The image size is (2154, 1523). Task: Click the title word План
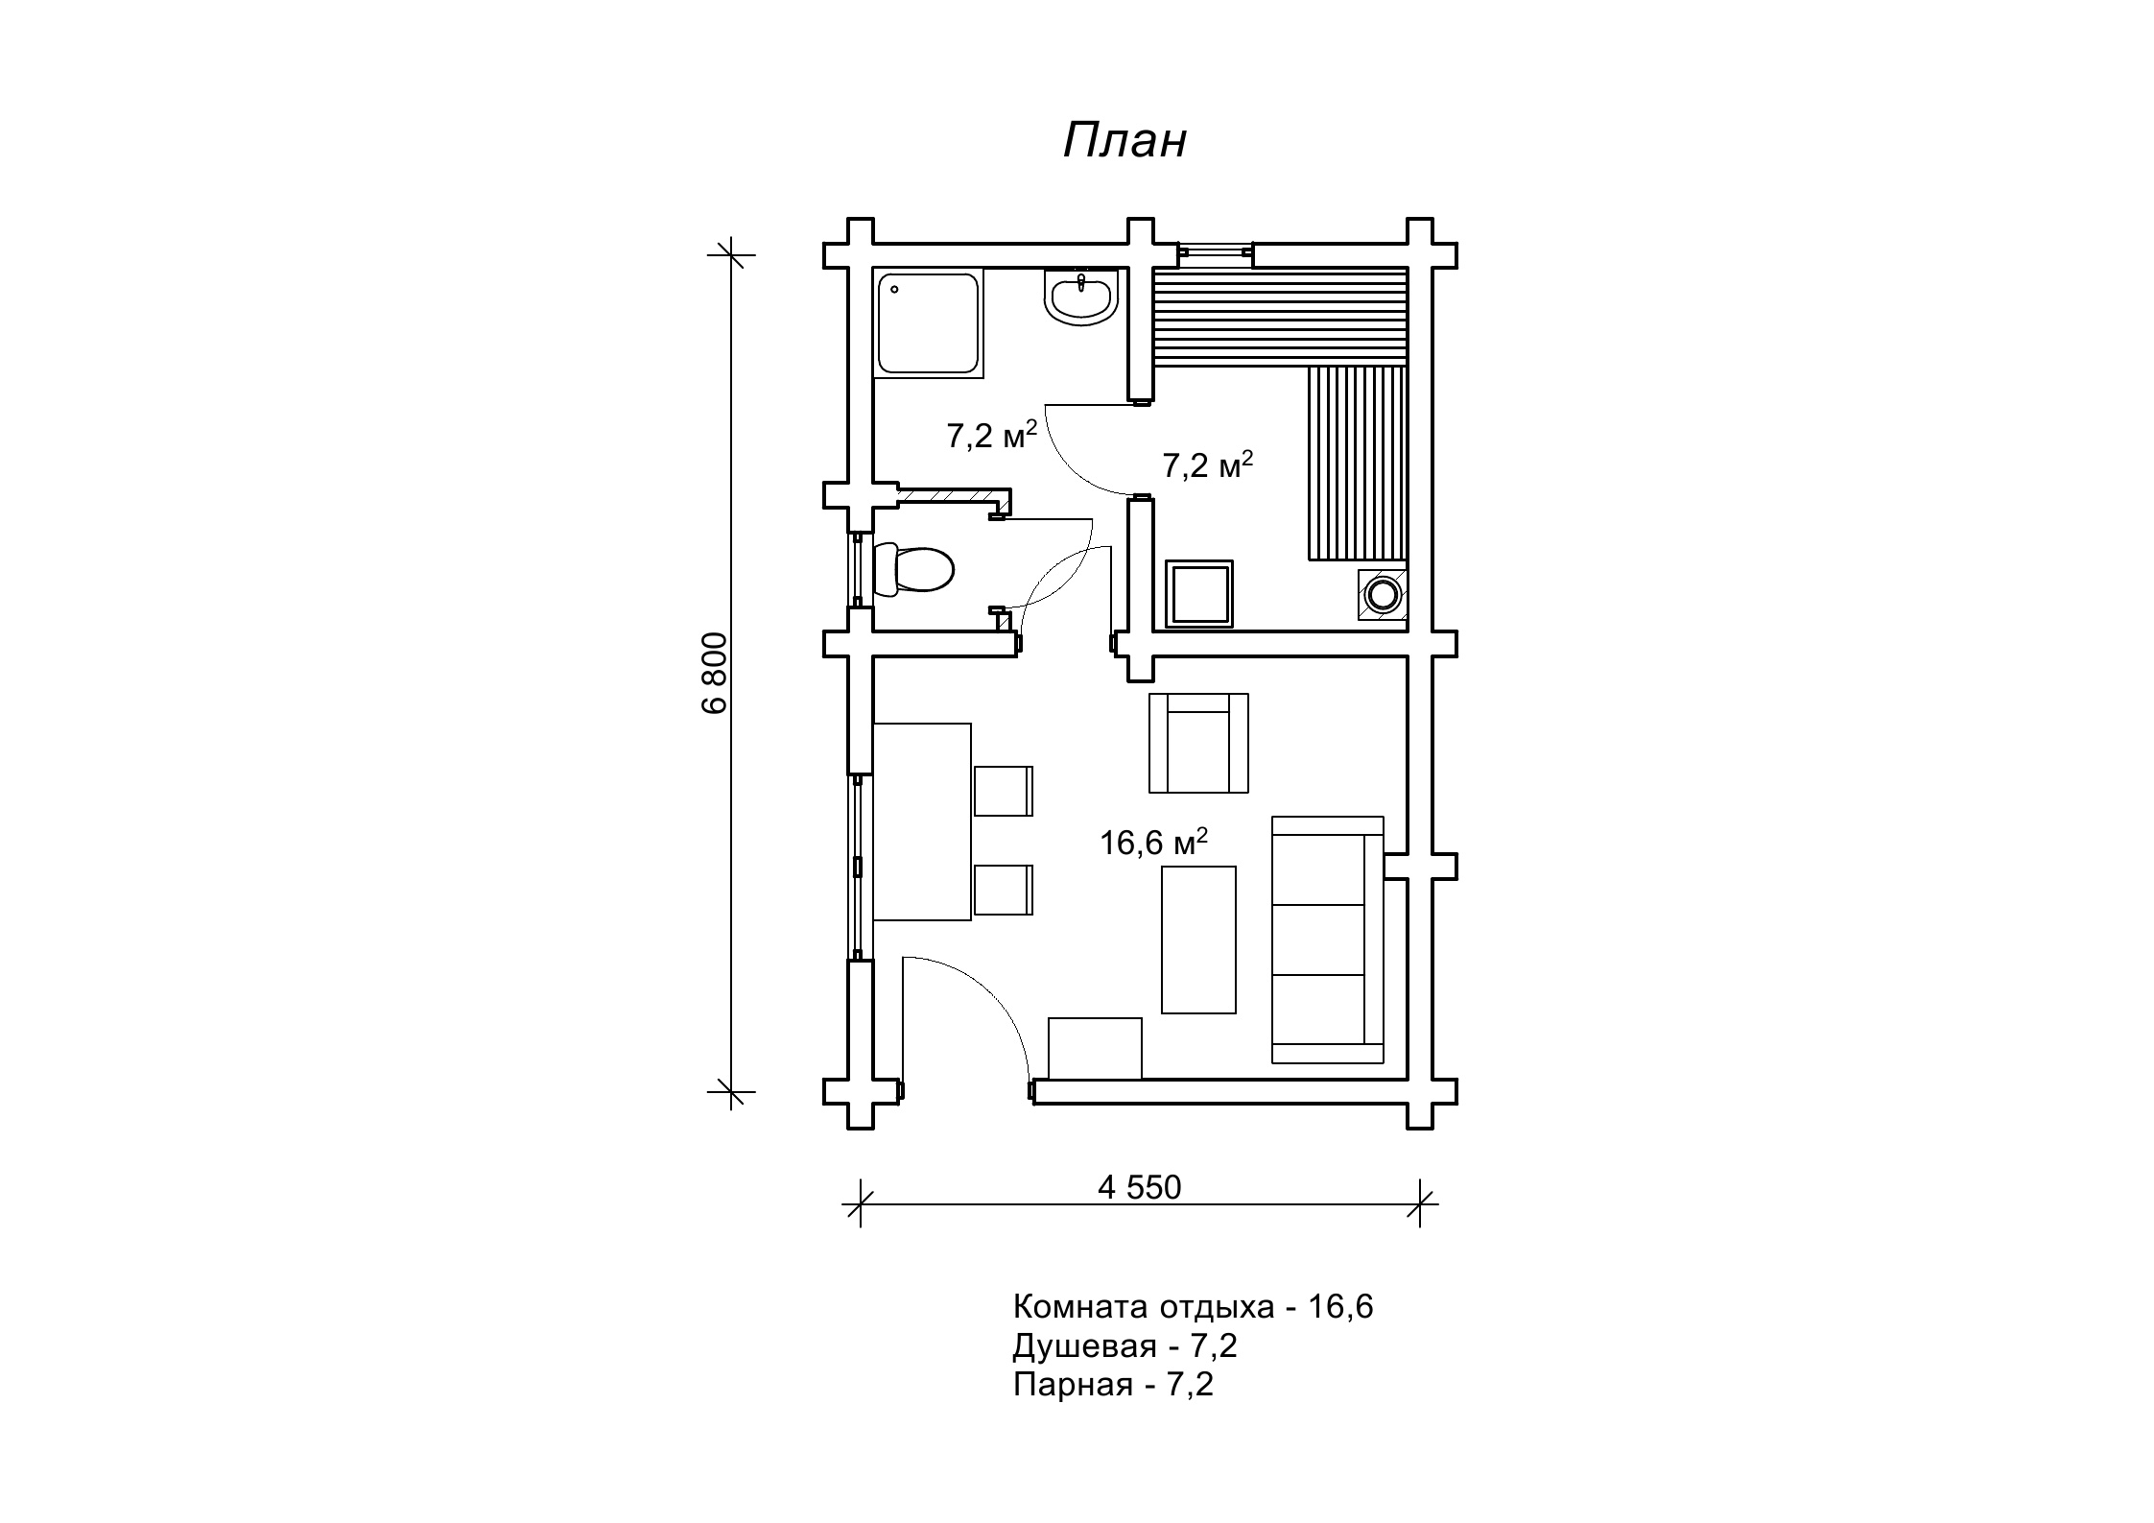(x=1124, y=141)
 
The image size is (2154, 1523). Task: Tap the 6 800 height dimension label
(x=715, y=673)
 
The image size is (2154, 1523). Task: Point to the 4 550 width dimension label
(x=1140, y=1188)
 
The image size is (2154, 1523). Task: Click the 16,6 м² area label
(x=1153, y=843)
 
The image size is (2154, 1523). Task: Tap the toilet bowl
(x=914, y=570)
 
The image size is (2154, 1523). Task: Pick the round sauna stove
(x=1383, y=594)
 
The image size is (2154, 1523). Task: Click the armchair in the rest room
(x=1198, y=743)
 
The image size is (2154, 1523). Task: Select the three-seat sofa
(x=1327, y=940)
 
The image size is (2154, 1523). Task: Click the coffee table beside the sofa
(x=1198, y=940)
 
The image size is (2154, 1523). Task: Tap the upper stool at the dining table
(x=1004, y=791)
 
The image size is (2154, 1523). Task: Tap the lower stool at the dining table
(x=1004, y=890)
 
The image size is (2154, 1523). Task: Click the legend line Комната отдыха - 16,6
(x=1193, y=1307)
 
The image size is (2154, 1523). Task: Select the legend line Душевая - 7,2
(x=1124, y=1346)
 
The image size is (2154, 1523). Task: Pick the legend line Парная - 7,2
(x=1113, y=1385)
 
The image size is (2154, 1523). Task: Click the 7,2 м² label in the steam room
(x=1208, y=465)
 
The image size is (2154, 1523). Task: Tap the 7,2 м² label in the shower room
(x=992, y=435)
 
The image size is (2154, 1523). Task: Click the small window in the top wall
(x=1216, y=251)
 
